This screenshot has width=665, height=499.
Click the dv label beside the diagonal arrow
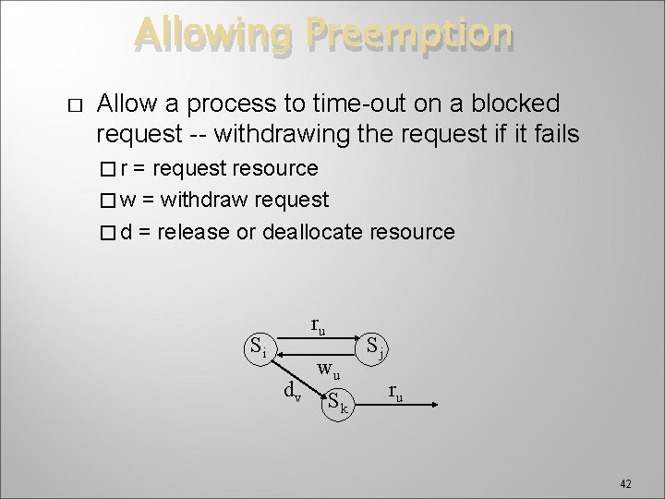[291, 391]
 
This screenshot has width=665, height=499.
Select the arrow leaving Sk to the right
[398, 405]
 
